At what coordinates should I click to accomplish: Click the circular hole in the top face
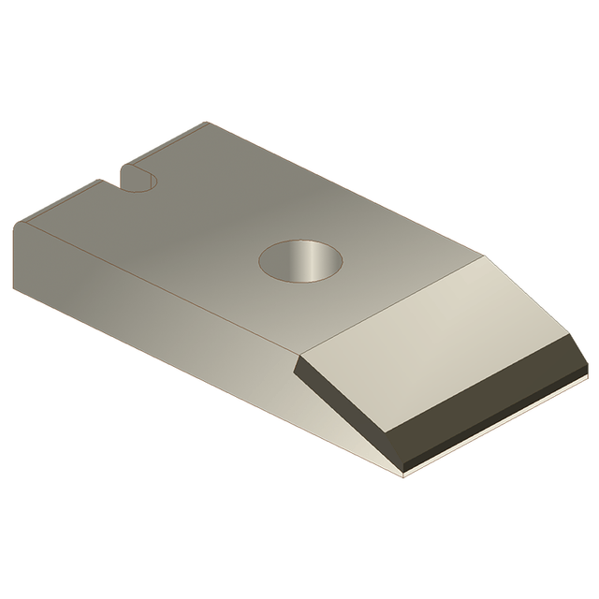[x=299, y=260]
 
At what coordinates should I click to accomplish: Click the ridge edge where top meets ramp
[x=393, y=309]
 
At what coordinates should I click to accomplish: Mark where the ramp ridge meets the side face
[x=298, y=358]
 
